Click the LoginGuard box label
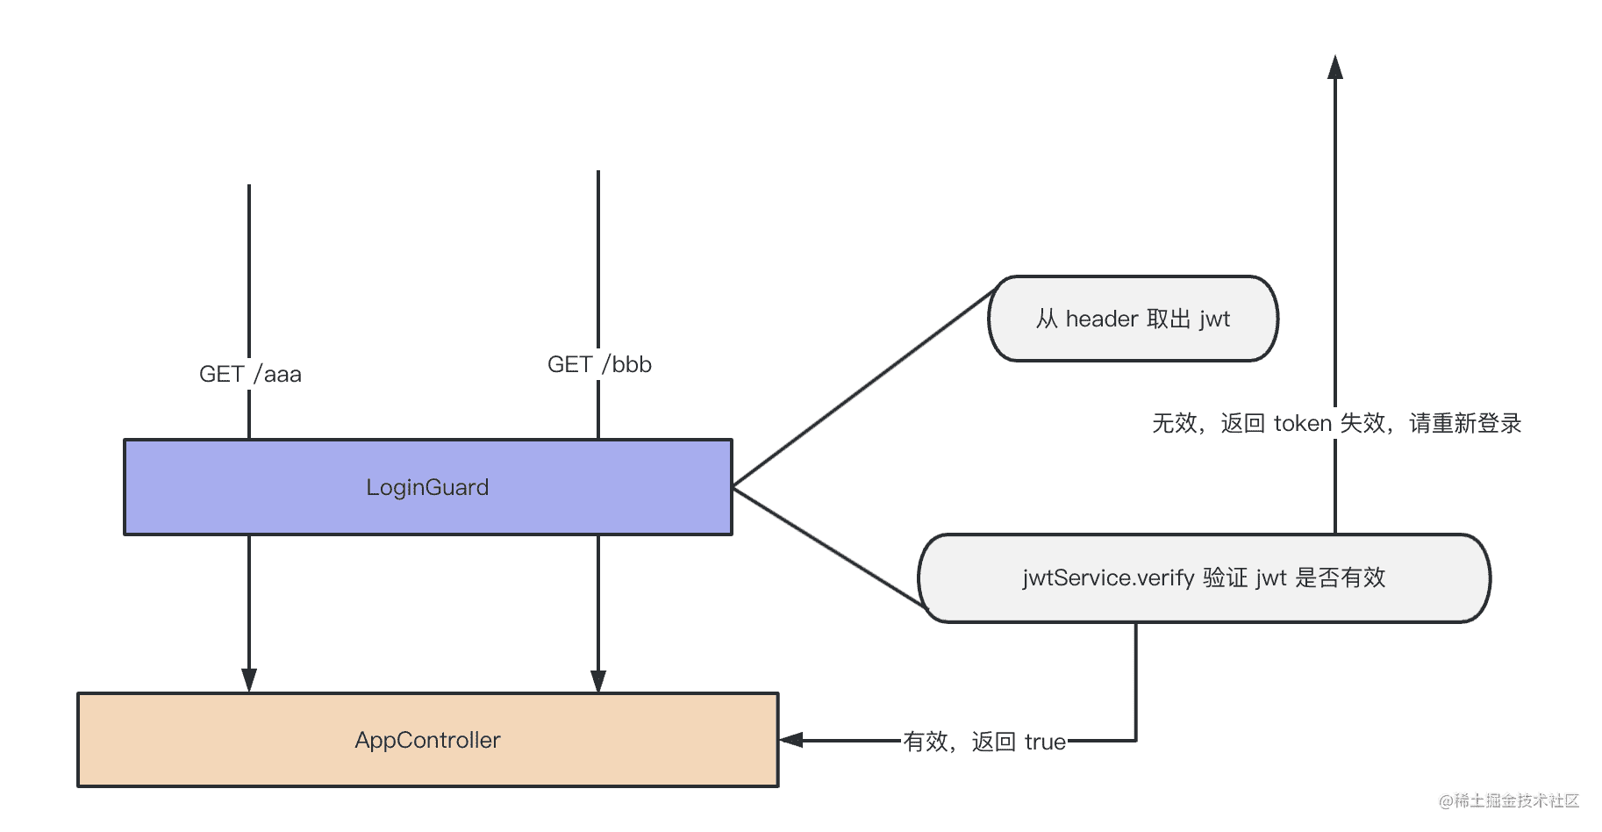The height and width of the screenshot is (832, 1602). click(x=427, y=487)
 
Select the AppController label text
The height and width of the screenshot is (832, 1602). click(x=427, y=740)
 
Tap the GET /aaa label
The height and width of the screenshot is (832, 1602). click(x=250, y=374)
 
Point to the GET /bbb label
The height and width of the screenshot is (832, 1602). click(x=599, y=364)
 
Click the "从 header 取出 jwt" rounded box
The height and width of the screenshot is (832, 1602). click(x=1133, y=319)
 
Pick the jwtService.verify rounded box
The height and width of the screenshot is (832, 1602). click(x=1204, y=577)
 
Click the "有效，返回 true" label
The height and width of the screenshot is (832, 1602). click(x=984, y=742)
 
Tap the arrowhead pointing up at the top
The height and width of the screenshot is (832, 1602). click(x=1335, y=67)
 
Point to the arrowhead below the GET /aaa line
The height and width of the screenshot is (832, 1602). click(x=249, y=680)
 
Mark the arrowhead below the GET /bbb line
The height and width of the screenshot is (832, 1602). click(x=598, y=680)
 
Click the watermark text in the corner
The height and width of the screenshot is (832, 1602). click(x=1508, y=800)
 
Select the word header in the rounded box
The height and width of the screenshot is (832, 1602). click(x=1102, y=319)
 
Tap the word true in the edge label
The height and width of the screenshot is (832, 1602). click(x=1045, y=742)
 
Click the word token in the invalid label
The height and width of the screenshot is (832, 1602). click(x=1303, y=423)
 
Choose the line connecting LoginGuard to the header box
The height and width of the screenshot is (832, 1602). click(x=862, y=387)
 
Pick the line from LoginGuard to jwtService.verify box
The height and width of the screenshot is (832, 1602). click(x=829, y=546)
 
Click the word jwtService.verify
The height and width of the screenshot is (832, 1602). click(x=1108, y=577)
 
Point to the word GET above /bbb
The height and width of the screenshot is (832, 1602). click(x=570, y=364)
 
